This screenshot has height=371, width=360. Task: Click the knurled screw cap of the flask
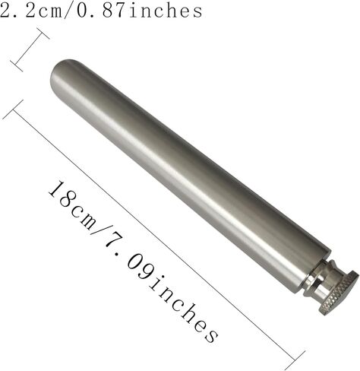pyautogui.click(x=339, y=293)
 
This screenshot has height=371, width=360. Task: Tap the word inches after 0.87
pyautogui.click(x=166, y=11)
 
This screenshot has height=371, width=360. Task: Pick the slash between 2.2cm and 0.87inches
pyautogui.click(x=70, y=11)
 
